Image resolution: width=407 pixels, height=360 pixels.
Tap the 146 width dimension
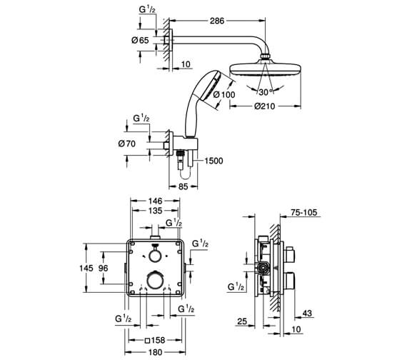click(156, 201)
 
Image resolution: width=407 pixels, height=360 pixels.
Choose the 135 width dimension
click(156, 211)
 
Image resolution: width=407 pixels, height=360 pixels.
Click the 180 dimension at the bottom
click(156, 353)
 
